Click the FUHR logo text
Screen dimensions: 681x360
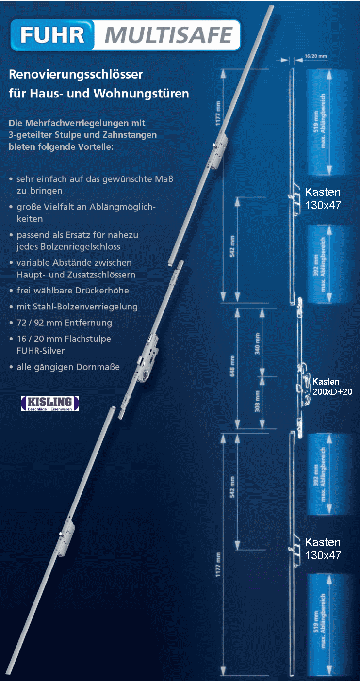(x=53, y=35)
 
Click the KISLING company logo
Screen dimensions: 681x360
(x=49, y=403)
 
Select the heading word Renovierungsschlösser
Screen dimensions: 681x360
(x=76, y=75)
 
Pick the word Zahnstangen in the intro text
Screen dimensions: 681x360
(x=133, y=135)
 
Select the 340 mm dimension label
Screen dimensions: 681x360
(x=258, y=342)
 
